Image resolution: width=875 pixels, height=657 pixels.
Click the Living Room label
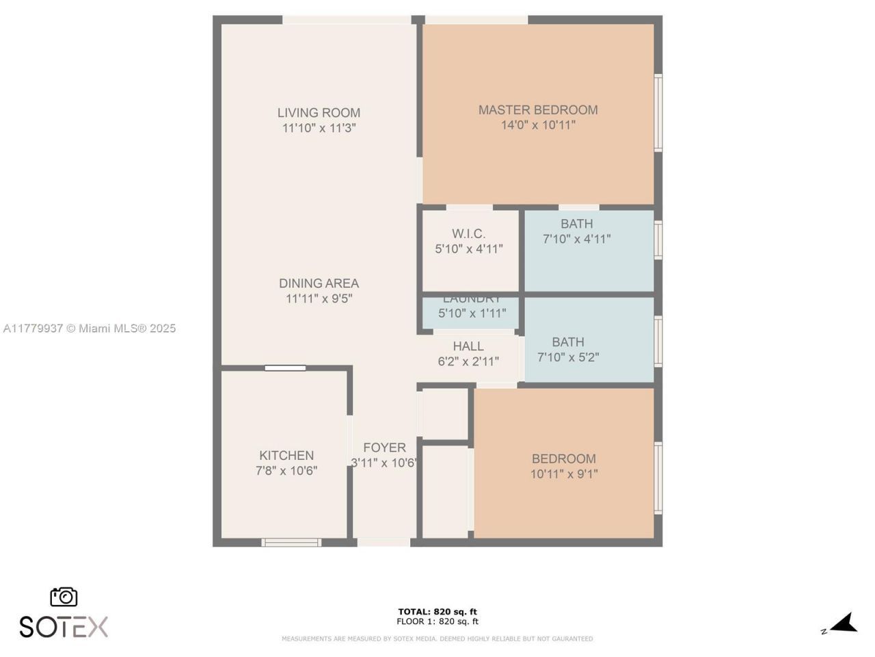319,113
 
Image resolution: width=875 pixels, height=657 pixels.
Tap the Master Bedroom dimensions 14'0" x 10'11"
538,125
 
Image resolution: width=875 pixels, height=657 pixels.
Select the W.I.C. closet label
469,234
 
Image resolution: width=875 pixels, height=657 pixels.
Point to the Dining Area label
319,283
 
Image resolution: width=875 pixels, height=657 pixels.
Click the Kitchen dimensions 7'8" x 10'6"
286,471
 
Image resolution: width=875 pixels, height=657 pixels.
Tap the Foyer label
384,448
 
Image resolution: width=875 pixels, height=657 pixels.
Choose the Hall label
468,346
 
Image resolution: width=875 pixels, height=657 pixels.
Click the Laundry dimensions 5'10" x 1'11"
472,313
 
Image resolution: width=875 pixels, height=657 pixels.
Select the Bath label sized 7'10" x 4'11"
576,224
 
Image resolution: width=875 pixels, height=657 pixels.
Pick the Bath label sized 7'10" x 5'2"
568,342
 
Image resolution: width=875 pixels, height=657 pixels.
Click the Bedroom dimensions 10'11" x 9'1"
564,474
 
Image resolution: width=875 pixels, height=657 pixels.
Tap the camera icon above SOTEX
64,597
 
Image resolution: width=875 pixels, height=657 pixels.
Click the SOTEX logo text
64,627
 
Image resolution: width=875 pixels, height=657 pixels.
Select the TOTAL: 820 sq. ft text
437,612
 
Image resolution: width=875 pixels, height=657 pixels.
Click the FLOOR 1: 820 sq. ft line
437,621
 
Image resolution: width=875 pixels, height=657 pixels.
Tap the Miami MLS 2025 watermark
90,328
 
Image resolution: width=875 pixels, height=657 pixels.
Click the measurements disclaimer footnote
437,639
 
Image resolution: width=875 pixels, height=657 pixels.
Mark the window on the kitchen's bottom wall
291,543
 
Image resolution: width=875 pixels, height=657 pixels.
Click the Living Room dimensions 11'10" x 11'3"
319,128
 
